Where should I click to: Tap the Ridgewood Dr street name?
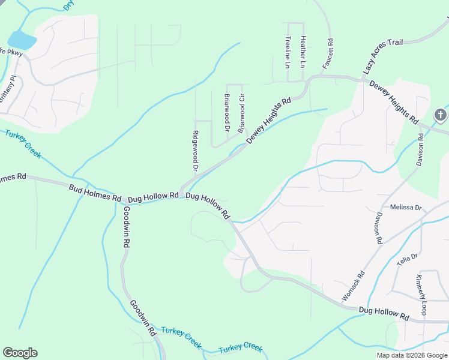tap(195, 150)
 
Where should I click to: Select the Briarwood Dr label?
tap(227, 113)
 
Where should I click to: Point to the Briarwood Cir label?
tap(242, 113)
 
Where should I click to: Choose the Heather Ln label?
tap(303, 51)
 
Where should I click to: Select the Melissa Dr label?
tap(406, 207)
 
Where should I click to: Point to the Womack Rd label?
tap(353, 287)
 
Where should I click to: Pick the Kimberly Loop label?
tap(421, 295)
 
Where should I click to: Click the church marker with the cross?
tap(441, 115)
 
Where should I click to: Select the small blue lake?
tap(22, 40)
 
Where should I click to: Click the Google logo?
tap(20, 353)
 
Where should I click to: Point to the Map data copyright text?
tap(412, 355)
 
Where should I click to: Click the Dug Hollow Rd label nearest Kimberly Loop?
tap(384, 313)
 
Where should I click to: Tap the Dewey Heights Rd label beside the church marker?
tap(393, 102)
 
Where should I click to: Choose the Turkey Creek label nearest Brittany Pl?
tap(23, 144)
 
